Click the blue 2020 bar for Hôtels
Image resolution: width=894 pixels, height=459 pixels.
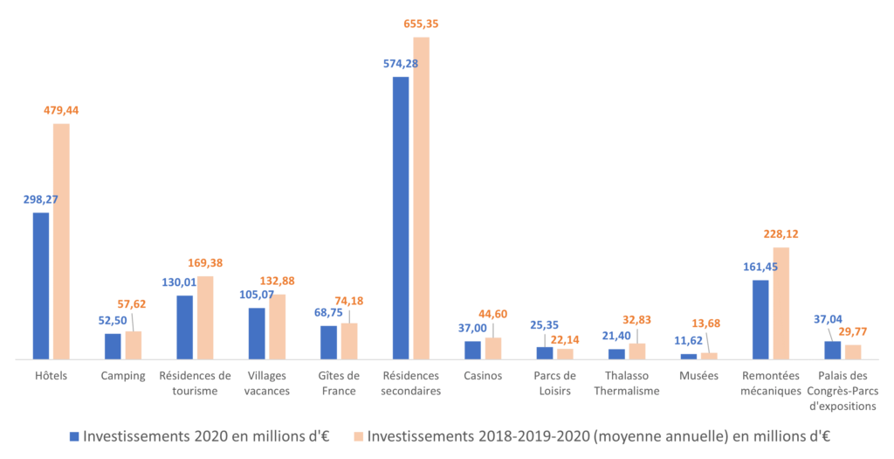(x=41, y=286)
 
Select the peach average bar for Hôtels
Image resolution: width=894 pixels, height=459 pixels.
(x=62, y=241)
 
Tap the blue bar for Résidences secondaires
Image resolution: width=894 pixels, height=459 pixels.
(x=401, y=218)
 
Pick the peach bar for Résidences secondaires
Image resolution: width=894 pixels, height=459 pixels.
(x=422, y=198)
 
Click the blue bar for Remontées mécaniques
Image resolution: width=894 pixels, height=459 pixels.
(x=760, y=320)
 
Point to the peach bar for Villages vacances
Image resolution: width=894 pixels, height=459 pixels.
(x=278, y=327)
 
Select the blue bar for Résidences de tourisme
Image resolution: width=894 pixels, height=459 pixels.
(x=185, y=328)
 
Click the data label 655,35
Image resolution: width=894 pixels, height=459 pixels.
(x=422, y=24)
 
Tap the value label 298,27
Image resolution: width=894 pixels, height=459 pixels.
(x=40, y=200)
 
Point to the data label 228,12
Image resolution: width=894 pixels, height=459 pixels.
(x=781, y=234)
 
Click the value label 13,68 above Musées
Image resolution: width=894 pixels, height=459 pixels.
(x=705, y=323)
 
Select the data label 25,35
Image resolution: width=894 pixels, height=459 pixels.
(x=544, y=325)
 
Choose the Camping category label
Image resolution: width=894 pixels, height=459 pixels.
(x=123, y=376)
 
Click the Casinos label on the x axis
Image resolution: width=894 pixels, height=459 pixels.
(x=483, y=376)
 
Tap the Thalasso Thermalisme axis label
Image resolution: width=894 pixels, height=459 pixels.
(x=627, y=383)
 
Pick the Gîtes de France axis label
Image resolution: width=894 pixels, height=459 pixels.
(x=339, y=383)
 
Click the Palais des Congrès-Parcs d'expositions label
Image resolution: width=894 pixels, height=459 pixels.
(x=842, y=391)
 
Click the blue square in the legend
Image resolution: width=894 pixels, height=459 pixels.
(x=74, y=437)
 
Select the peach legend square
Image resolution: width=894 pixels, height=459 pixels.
(x=358, y=437)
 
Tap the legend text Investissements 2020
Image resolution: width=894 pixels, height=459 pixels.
(x=155, y=437)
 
